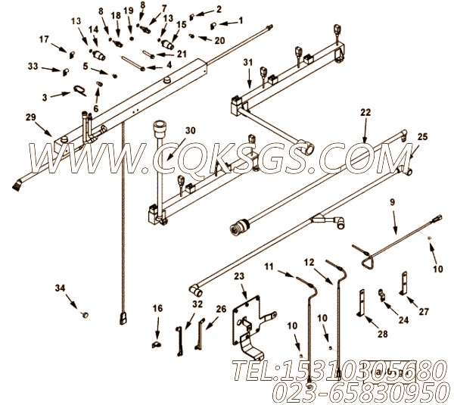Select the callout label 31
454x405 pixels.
pos(247,62)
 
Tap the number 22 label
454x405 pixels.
pos(365,112)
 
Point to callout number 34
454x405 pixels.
pos(60,287)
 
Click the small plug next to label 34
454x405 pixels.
pos(86,311)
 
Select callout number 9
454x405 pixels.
pos(393,203)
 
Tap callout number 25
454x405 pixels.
pos(421,136)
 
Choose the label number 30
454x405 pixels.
pos(190,130)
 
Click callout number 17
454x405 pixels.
pos(44,39)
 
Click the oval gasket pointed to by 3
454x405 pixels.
pos(79,92)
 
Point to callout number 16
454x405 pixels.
pos(157,309)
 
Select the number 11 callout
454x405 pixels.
pos(269,266)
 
